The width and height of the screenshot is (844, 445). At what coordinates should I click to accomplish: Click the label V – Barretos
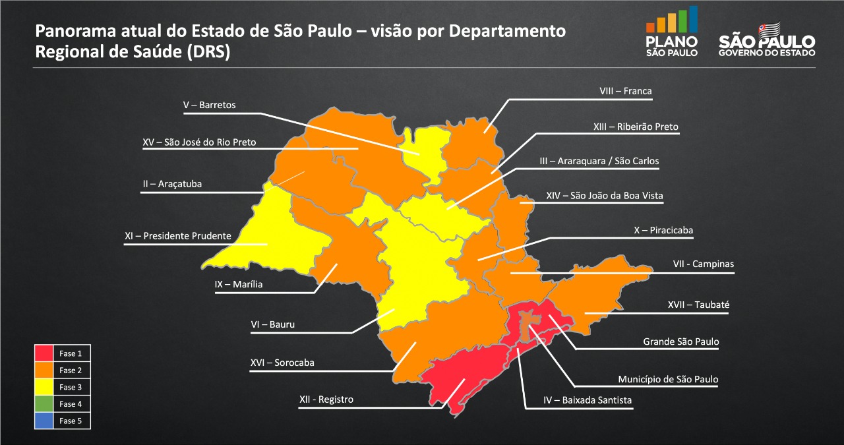[209, 105]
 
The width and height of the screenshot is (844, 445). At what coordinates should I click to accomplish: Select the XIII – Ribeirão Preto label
[635, 126]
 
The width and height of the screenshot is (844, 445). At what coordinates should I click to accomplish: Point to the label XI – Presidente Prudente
[177, 235]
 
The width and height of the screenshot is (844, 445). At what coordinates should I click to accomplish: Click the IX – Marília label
[238, 284]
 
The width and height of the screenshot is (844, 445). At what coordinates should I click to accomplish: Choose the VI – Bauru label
[272, 324]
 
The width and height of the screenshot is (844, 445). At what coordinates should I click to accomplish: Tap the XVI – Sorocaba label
[282, 363]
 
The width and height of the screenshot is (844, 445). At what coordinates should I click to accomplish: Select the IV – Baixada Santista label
[588, 400]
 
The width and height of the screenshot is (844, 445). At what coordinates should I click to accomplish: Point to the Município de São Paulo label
[668, 379]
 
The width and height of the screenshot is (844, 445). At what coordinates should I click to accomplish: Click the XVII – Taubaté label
[698, 305]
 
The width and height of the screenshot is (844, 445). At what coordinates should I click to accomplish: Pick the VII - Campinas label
[703, 264]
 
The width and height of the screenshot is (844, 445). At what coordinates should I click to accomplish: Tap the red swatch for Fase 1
[44, 353]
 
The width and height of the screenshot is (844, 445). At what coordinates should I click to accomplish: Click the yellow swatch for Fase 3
[44, 387]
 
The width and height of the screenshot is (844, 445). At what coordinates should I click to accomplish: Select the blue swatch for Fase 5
[44, 421]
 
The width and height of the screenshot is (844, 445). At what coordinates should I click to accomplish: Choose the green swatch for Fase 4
[44, 403]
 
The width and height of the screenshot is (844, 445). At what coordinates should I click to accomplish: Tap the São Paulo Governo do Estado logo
[767, 39]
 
